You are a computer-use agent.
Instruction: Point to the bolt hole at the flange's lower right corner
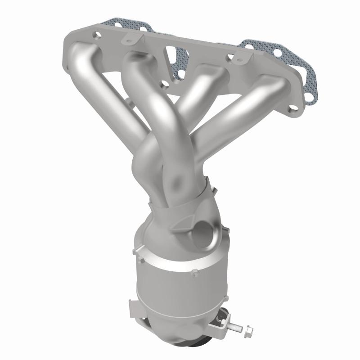tap(293, 108)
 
